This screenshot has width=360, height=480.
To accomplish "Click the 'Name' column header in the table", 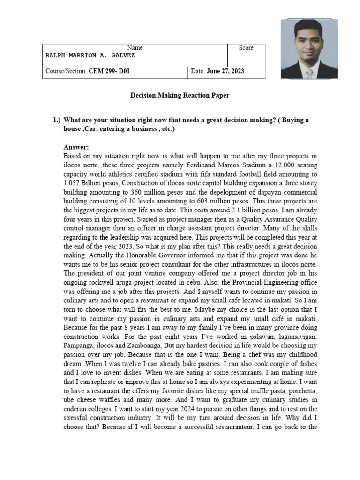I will point(135,48).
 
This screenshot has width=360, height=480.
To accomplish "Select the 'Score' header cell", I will point(246,48).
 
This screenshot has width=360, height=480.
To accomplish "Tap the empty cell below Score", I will point(246,59).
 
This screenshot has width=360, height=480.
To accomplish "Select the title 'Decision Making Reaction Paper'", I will point(180,96).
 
